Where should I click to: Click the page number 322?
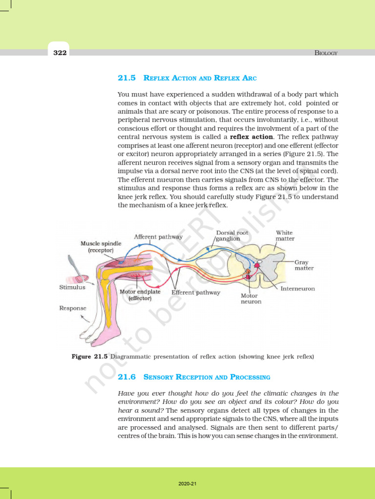[x=60, y=53]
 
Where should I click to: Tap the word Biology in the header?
[x=326, y=53]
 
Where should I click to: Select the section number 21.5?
[x=127, y=78]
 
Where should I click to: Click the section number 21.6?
[x=127, y=377]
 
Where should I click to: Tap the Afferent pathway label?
[x=158, y=237]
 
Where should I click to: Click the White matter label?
[x=285, y=236]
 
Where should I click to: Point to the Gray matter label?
[x=304, y=265]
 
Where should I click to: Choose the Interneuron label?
[x=298, y=288]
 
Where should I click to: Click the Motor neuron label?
[x=251, y=298]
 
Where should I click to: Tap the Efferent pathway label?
[x=196, y=293]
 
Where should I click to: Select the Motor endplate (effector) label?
[x=136, y=295]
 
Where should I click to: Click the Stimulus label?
[x=72, y=288]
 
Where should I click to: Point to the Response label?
[x=73, y=308]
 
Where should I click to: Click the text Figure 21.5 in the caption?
[x=89, y=357]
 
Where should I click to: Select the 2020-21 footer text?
[x=187, y=484]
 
